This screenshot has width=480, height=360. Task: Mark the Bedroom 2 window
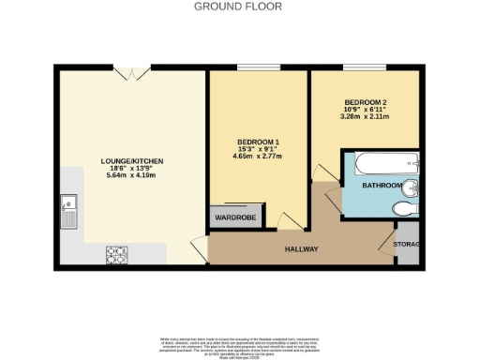[x=366, y=67]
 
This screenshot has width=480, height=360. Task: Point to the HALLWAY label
[x=301, y=248]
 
